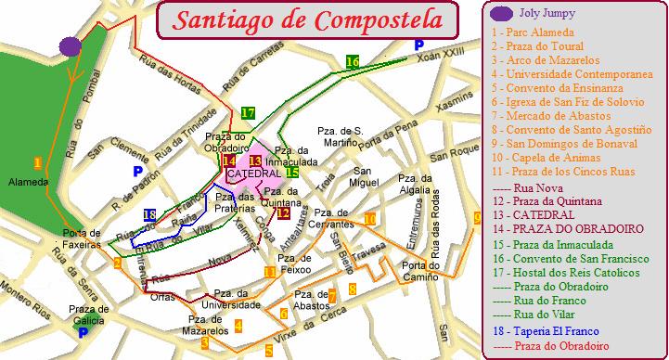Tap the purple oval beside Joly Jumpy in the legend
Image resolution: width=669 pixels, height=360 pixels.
point(502,13)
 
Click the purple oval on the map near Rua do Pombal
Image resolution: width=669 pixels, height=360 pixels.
point(70,45)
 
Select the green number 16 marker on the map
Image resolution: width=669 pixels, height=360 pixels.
point(352,62)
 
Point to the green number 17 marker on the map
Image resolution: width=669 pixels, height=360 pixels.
point(247,113)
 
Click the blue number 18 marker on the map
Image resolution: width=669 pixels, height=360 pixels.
point(150,215)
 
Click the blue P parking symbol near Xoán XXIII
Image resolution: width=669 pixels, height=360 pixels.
point(419,44)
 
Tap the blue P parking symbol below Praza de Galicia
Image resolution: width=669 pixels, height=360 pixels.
point(84,331)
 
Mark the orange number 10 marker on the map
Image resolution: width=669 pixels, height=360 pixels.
point(368,219)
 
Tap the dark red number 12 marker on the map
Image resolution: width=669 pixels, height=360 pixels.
point(284,212)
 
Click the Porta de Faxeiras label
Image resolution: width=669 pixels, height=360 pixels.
point(82,238)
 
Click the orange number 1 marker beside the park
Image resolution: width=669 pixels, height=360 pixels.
point(37,162)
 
